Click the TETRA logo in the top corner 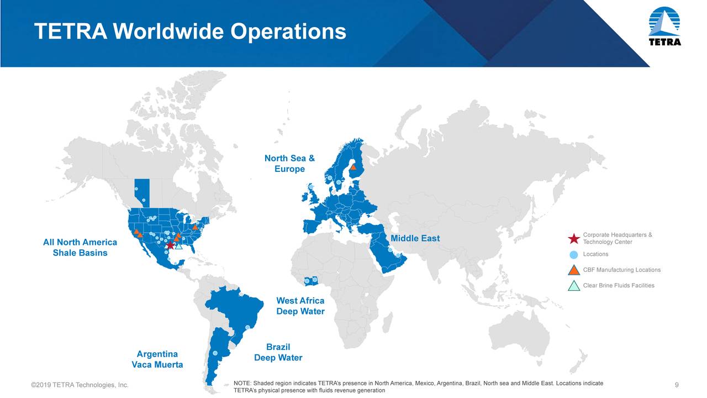coord(664,28)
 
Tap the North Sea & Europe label coord(289,164)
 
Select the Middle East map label coord(415,238)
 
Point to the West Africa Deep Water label coord(300,306)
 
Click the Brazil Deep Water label coord(278,352)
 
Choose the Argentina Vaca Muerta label coord(157,359)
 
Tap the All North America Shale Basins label coord(80,248)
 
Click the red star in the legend coord(573,239)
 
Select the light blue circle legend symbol coord(573,254)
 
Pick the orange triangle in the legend coord(573,270)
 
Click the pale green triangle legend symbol coord(573,286)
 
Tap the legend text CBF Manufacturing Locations coord(621,270)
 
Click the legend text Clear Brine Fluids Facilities coord(619,285)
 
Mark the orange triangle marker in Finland coord(353,166)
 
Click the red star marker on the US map coord(170,244)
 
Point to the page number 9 coord(677,385)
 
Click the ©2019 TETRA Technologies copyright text coord(80,385)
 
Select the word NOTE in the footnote coord(242,383)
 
